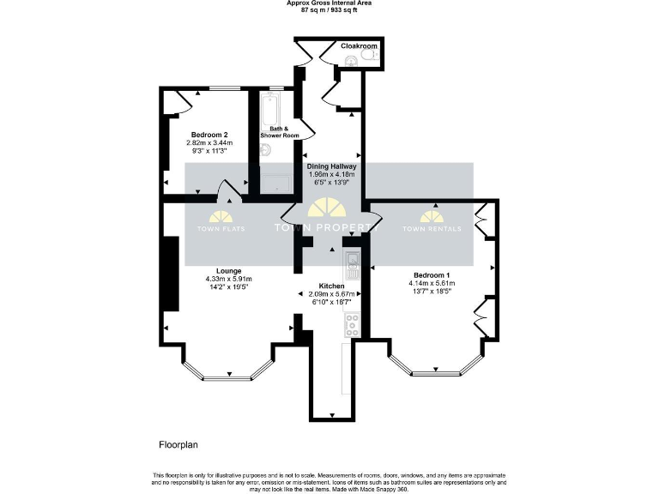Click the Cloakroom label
(359, 45)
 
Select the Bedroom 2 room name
(209, 136)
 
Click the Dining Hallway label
(332, 166)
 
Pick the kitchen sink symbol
(352, 260)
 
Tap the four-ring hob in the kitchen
(352, 324)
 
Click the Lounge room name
(229, 271)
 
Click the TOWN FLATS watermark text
(221, 229)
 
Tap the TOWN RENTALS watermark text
(432, 229)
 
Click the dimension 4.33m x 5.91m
(229, 279)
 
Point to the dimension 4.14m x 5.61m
(432, 283)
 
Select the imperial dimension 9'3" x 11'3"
(209, 152)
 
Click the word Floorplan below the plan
(178, 445)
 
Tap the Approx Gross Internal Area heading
(329, 3)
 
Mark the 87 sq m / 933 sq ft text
(329, 10)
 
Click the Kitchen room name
(332, 286)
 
